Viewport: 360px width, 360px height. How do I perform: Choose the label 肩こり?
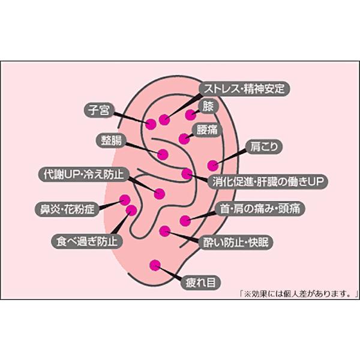pyautogui.click(x=262, y=146)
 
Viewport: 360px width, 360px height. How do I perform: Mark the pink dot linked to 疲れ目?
pyautogui.click(x=155, y=264)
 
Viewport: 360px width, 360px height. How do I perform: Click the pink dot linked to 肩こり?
pyautogui.click(x=212, y=165)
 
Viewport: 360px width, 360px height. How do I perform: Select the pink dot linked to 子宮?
pyautogui.click(x=151, y=124)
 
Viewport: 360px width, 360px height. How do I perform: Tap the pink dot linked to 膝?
pyautogui.click(x=191, y=115)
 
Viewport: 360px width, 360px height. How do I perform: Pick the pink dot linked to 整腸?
pyautogui.click(x=163, y=152)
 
